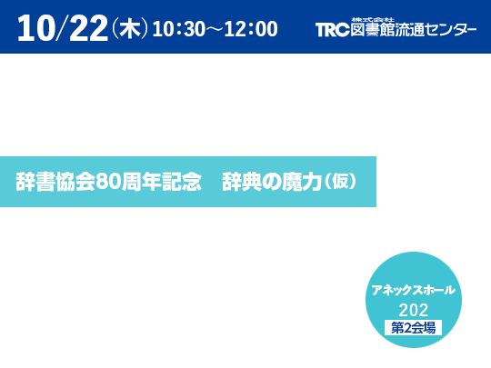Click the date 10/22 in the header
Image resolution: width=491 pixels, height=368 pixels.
[63, 28]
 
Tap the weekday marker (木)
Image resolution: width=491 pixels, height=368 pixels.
[130, 28]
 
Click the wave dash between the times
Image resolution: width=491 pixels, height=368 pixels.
[215, 29]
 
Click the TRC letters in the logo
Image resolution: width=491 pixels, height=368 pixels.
[332, 30]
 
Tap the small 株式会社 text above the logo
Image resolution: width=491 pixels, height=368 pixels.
[373, 20]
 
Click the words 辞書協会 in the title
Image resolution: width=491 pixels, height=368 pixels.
[55, 182]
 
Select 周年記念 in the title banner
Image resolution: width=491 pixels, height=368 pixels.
[161, 182]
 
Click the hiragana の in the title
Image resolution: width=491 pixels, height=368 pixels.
[272, 182]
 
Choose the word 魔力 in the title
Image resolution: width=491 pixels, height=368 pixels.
[302, 182]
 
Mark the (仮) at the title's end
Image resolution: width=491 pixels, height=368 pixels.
[340, 181]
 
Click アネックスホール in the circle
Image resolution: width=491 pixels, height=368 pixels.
[414, 290]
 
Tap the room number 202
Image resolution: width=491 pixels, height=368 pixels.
[414, 310]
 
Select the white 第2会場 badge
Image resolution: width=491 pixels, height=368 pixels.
[414, 328]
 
